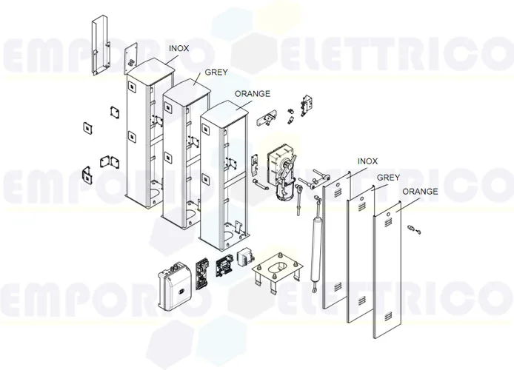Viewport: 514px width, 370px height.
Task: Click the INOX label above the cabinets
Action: coord(178,48)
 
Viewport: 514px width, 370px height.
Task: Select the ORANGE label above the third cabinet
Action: coord(252,94)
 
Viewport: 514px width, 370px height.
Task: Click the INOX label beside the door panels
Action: coord(367,161)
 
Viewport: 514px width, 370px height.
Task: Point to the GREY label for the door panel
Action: coord(388,178)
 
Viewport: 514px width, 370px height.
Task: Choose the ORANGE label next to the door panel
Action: coord(420,192)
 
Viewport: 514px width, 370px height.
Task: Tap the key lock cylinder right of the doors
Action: coord(415,230)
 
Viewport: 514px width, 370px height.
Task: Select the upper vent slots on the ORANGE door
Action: coord(388,217)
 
